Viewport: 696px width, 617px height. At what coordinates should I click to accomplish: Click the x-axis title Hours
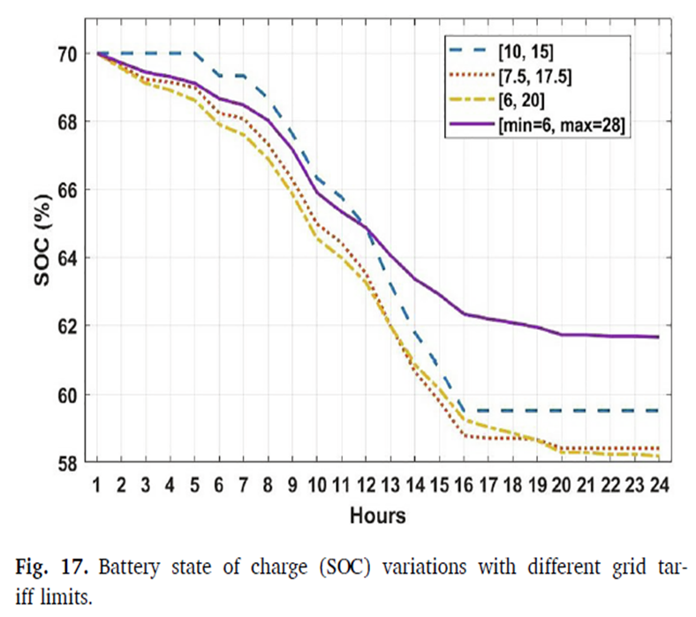[x=377, y=515]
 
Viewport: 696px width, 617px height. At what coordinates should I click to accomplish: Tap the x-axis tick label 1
[x=97, y=484]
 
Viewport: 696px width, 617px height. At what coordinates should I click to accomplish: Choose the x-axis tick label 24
[x=658, y=484]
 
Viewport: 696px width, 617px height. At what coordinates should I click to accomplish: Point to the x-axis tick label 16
[x=463, y=484]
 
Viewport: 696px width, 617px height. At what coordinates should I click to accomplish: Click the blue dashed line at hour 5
[x=194, y=54]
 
